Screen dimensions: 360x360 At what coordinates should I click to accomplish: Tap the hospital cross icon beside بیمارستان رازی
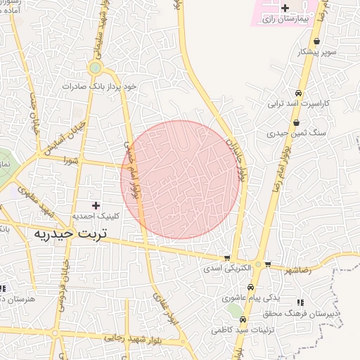click(285, 8)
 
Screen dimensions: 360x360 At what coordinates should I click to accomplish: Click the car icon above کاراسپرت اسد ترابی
click(299, 94)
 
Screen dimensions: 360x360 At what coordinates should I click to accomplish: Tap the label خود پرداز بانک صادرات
click(108, 86)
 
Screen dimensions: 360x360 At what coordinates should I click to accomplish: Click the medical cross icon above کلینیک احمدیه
click(96, 205)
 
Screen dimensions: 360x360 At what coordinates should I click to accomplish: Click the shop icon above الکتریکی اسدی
click(226, 258)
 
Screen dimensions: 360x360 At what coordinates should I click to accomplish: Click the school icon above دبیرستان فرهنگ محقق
click(301, 302)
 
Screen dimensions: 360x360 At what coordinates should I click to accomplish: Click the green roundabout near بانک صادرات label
click(95, 68)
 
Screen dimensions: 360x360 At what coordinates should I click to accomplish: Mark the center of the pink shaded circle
click(180, 180)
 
